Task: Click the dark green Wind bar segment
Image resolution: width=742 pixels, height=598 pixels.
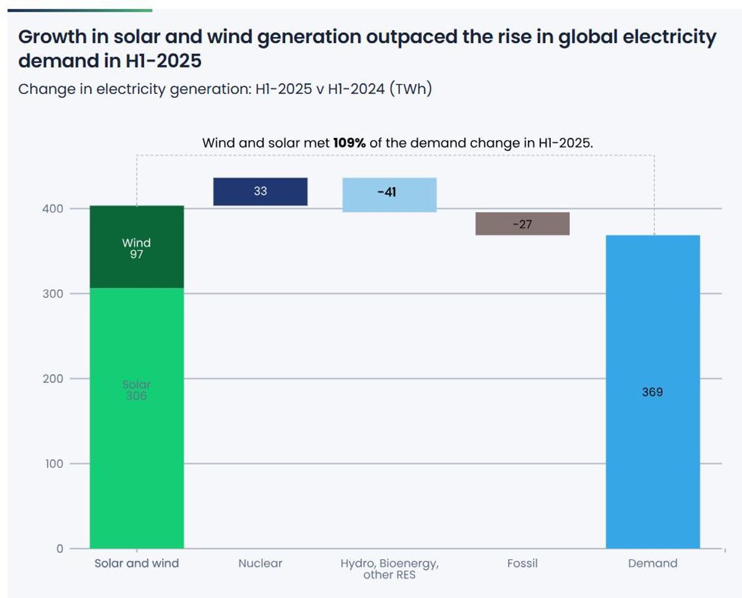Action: coord(137,247)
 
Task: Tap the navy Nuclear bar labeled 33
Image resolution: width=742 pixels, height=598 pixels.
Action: coord(260,192)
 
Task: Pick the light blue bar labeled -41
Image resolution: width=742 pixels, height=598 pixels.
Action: coord(390,195)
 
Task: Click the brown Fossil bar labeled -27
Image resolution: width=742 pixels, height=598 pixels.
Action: coord(522,224)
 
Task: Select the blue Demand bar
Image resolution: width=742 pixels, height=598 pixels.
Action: coord(653,432)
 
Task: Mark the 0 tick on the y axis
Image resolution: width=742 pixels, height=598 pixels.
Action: coord(60,549)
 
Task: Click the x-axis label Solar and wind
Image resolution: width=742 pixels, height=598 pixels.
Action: coord(137,563)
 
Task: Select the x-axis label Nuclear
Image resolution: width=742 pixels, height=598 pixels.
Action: coord(260,563)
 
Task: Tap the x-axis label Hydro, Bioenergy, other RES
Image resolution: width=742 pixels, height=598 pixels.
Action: coord(390,569)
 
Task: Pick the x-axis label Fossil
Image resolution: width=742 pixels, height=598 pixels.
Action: coord(522,563)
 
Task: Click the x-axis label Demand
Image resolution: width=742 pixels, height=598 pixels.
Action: coord(653,563)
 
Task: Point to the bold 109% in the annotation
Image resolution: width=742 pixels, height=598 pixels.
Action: coord(349,143)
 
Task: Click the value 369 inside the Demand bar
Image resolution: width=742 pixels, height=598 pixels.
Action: coord(653,392)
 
